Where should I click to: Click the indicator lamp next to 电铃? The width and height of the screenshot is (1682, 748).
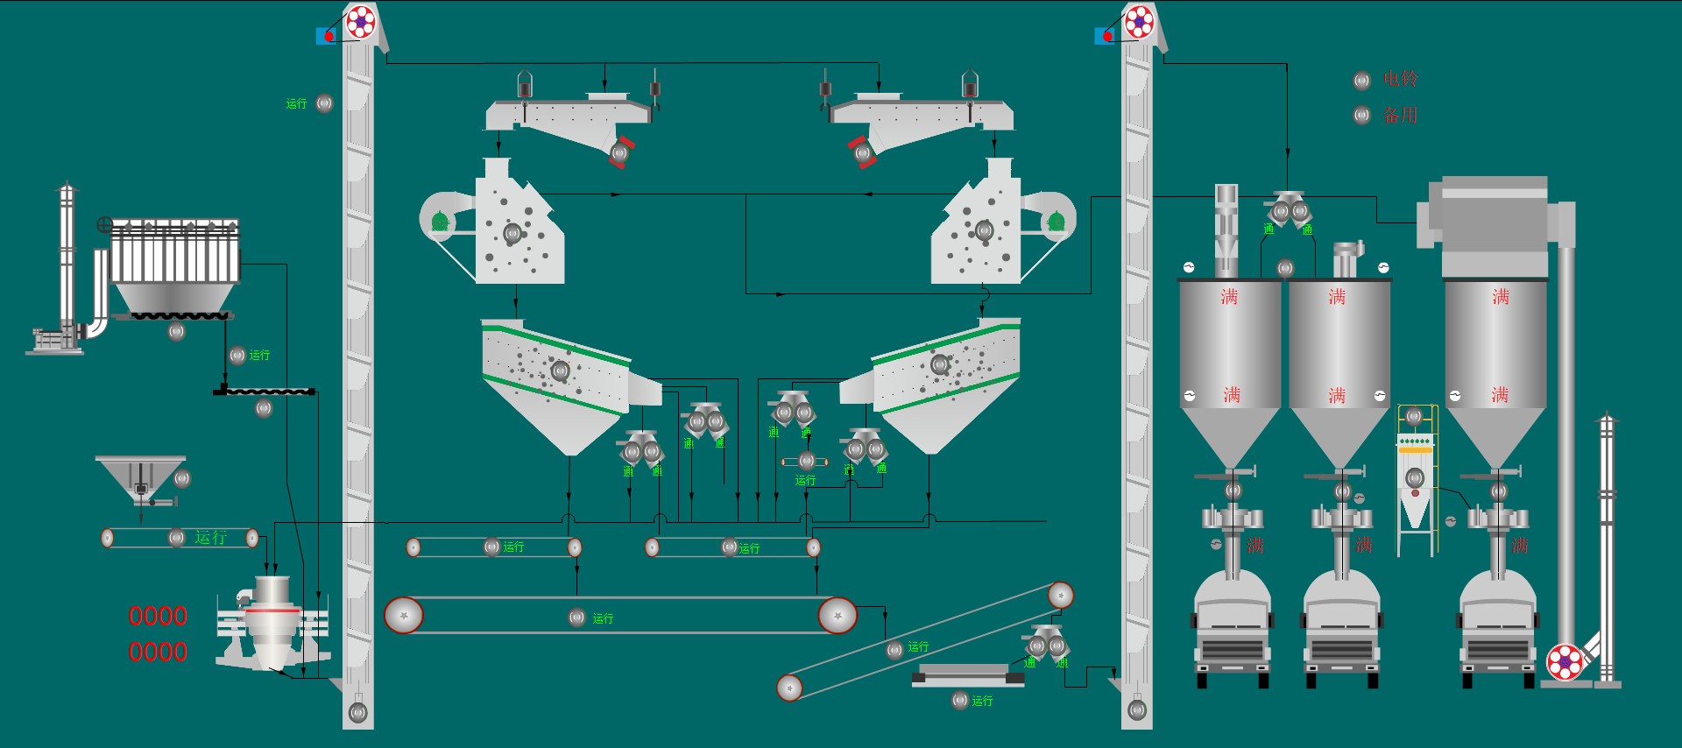pyautogui.click(x=1362, y=81)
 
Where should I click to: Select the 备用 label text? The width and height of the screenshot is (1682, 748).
pyautogui.click(x=1400, y=115)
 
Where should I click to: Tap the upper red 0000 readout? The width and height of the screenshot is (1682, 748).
pyautogui.click(x=158, y=616)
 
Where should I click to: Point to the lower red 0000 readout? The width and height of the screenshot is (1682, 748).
pyautogui.click(x=158, y=652)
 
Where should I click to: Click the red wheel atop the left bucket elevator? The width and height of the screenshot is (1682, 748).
pyautogui.click(x=360, y=21)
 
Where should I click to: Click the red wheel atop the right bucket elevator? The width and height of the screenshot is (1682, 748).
pyautogui.click(x=1139, y=21)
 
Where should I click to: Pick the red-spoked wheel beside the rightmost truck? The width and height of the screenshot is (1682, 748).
pyautogui.click(x=1565, y=662)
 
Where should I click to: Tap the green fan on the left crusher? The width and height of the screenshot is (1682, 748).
pyautogui.click(x=440, y=222)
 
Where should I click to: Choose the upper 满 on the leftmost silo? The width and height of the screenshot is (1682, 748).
pyautogui.click(x=1229, y=297)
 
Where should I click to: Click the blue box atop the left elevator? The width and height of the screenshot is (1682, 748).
pyautogui.click(x=324, y=36)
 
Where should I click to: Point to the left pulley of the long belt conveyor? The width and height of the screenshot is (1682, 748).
pyautogui.click(x=404, y=616)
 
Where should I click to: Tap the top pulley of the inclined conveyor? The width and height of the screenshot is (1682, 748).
pyautogui.click(x=1061, y=596)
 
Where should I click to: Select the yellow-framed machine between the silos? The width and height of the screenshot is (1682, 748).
pyautogui.click(x=1415, y=477)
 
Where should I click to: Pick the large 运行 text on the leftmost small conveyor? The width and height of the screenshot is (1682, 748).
pyautogui.click(x=210, y=537)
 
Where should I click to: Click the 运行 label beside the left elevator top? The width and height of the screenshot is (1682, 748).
pyautogui.click(x=296, y=103)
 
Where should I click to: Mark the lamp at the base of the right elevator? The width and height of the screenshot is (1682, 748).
pyautogui.click(x=1137, y=710)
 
